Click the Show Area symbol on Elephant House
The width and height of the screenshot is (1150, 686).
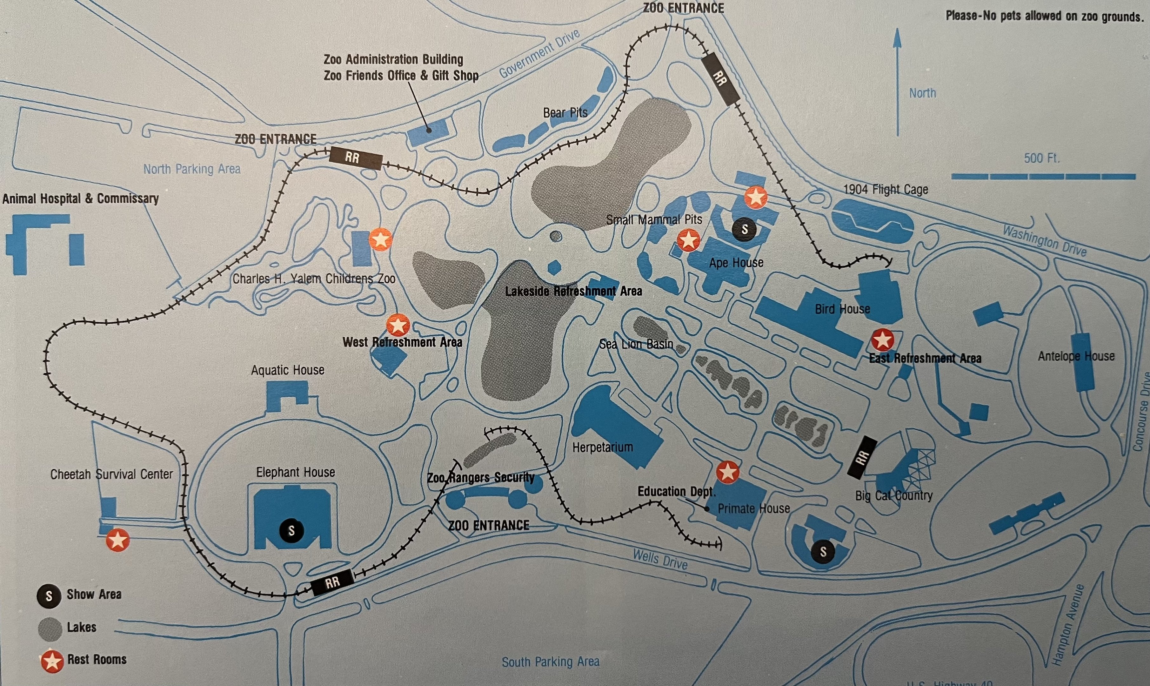click(x=291, y=531)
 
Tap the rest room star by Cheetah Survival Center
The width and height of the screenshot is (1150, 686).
click(x=118, y=540)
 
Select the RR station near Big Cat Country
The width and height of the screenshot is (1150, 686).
click(x=862, y=457)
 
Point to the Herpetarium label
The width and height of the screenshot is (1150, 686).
click(x=603, y=447)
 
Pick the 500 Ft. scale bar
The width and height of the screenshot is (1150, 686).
click(x=1043, y=176)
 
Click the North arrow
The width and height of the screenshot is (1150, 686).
click(x=897, y=83)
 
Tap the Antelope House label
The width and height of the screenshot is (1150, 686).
click(x=1076, y=356)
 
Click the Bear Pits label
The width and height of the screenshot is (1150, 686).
click(x=565, y=113)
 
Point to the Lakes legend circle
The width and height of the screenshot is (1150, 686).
click(x=50, y=629)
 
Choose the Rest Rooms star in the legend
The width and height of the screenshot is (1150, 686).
click(x=52, y=661)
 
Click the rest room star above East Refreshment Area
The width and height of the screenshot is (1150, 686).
click(x=882, y=340)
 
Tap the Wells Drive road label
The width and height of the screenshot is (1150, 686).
click(x=660, y=559)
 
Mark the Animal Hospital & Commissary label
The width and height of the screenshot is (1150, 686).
click(x=80, y=199)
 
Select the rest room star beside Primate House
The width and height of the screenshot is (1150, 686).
click(x=728, y=472)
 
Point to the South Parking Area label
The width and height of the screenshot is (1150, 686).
click(x=550, y=662)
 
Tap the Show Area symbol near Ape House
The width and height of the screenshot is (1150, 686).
click(x=744, y=229)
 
